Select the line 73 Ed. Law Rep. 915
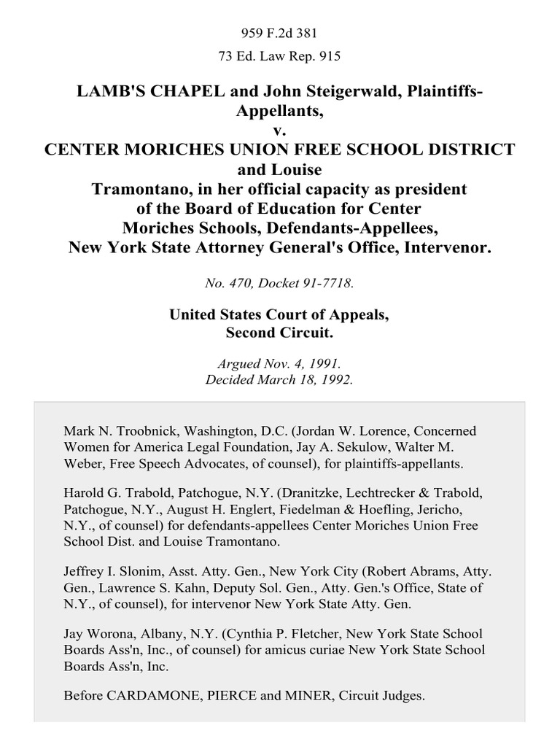[x=280, y=55]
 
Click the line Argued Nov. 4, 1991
[x=280, y=363]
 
